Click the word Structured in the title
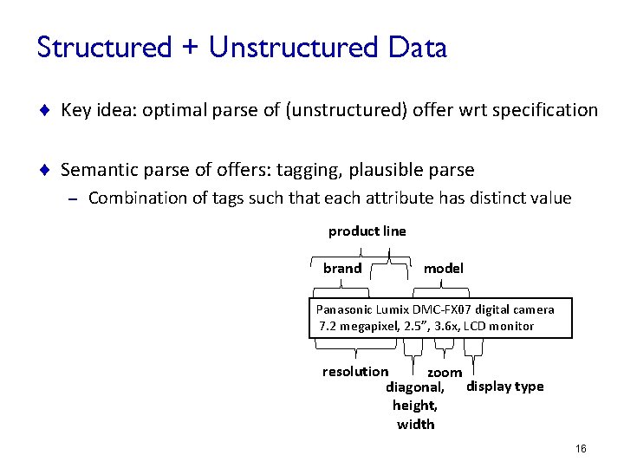pos(105,48)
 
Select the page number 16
pos(580,448)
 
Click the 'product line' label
pos(367,231)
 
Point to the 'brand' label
pos(342,268)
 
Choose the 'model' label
pos(443,268)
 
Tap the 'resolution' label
pos(355,371)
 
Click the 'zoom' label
pos(445,372)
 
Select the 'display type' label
pos(505,386)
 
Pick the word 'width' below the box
pos(415,424)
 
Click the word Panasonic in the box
pos(344,309)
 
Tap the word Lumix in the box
pos(393,309)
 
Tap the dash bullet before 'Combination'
pos(73,198)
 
